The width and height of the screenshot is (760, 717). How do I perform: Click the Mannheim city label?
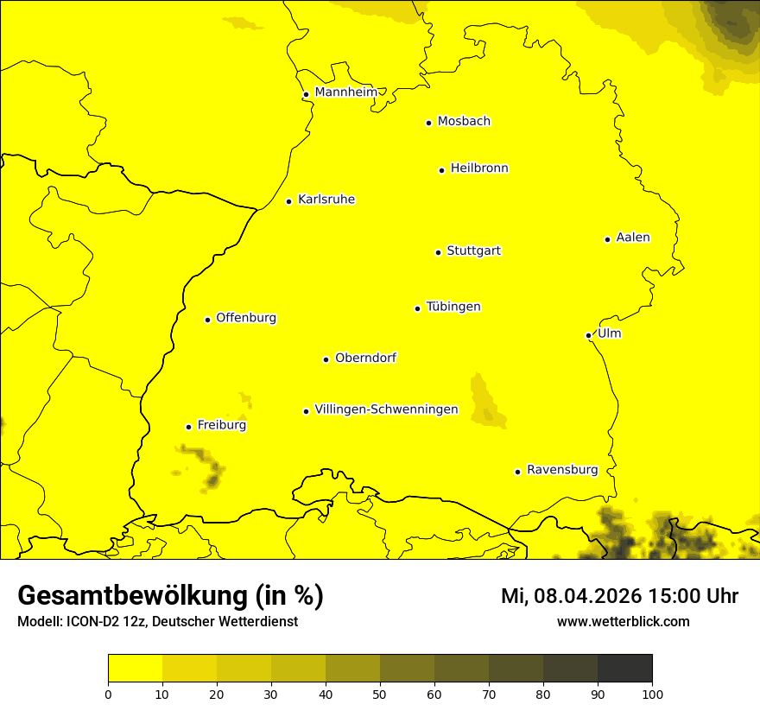tap(345, 92)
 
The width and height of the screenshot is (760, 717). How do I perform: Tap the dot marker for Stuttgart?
tap(438, 252)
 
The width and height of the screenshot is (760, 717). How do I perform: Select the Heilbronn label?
tap(479, 168)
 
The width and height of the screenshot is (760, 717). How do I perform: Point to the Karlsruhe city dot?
tap(288, 201)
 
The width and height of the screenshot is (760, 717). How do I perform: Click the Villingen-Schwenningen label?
tap(387, 409)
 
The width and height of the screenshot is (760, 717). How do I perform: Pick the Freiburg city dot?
tap(188, 427)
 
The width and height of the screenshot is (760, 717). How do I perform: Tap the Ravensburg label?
tap(562, 470)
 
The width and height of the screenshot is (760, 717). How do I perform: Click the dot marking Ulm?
tap(588, 335)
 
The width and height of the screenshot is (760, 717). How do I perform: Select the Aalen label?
tap(633, 238)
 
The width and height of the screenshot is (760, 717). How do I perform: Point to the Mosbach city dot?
tap(428, 123)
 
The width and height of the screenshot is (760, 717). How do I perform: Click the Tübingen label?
tap(453, 307)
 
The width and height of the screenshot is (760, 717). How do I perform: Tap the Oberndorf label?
tap(365, 358)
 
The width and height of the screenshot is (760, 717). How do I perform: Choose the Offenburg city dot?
tap(207, 320)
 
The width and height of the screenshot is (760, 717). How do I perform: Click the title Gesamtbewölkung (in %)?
tap(170, 596)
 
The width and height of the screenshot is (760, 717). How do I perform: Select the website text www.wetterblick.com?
tap(623, 621)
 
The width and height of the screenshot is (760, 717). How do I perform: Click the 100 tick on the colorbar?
tap(652, 693)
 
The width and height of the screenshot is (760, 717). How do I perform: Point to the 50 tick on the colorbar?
tap(380, 693)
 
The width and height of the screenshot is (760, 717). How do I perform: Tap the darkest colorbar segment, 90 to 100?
tap(624, 668)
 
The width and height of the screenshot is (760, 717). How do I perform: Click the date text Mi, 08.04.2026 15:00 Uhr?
tap(619, 596)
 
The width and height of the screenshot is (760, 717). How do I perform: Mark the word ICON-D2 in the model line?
tap(89, 622)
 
